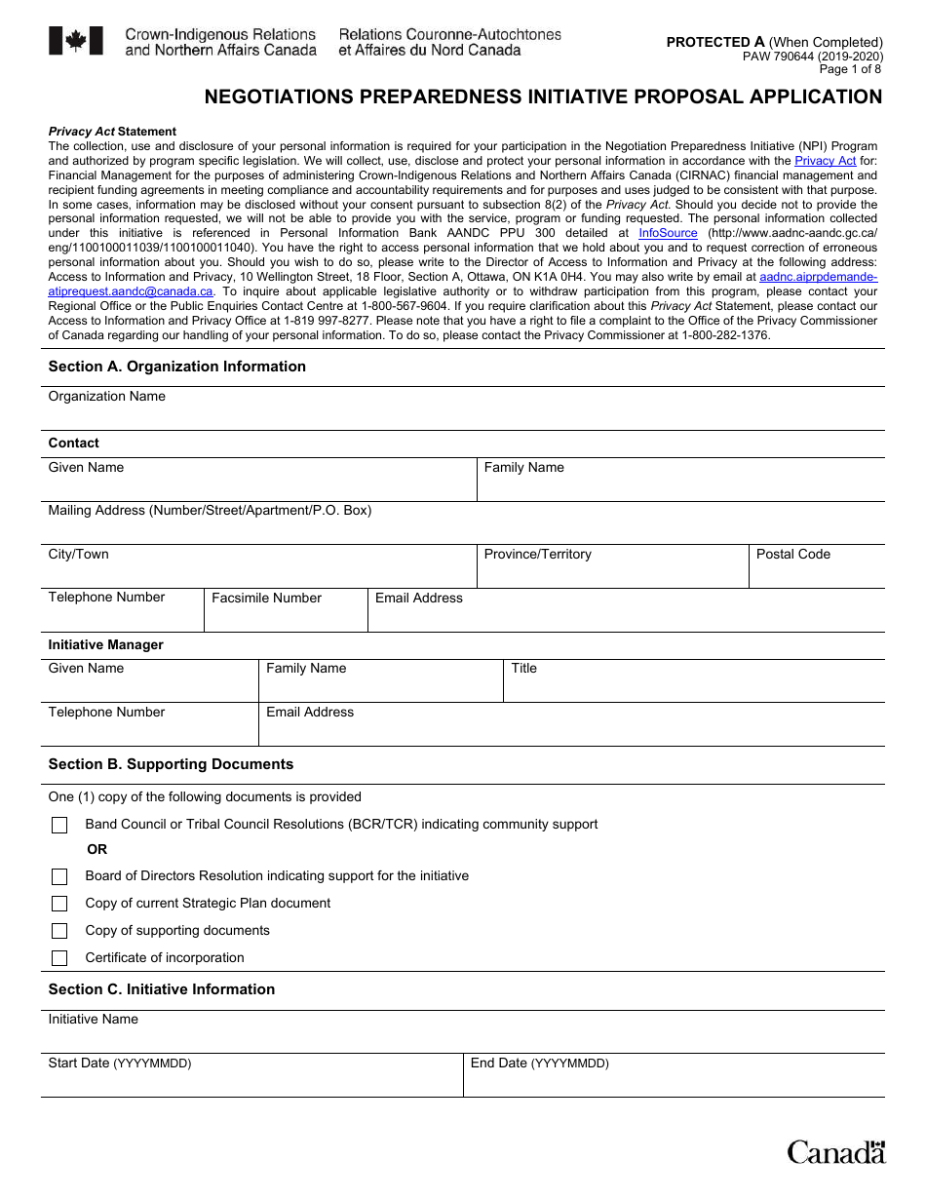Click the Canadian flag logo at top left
click(75, 41)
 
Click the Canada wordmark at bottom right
click(836, 1152)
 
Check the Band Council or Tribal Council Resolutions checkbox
click(59, 826)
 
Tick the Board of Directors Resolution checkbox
click(59, 877)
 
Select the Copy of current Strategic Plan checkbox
click(59, 904)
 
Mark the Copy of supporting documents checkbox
click(59, 931)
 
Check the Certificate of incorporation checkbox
click(59, 958)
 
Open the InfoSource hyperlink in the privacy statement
click(668, 233)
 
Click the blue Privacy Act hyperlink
click(825, 161)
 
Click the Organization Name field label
click(106, 397)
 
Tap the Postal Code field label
click(792, 555)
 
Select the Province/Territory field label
click(537, 555)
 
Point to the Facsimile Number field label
click(266, 599)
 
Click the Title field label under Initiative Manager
click(523, 669)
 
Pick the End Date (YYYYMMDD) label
click(539, 1064)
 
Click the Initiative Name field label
click(93, 1020)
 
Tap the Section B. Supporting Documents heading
click(171, 764)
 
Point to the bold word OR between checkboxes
click(96, 850)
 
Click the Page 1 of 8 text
click(850, 69)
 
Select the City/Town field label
click(78, 555)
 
